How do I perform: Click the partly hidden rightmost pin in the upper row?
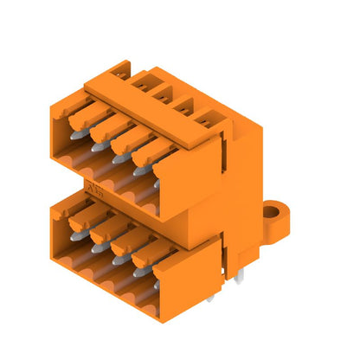pyautogui.click(x=157, y=183)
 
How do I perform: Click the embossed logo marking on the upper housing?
pyautogui.click(x=93, y=188)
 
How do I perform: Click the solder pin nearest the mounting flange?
pyautogui.click(x=240, y=275)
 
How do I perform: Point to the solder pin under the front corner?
pyautogui.click(x=209, y=297)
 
